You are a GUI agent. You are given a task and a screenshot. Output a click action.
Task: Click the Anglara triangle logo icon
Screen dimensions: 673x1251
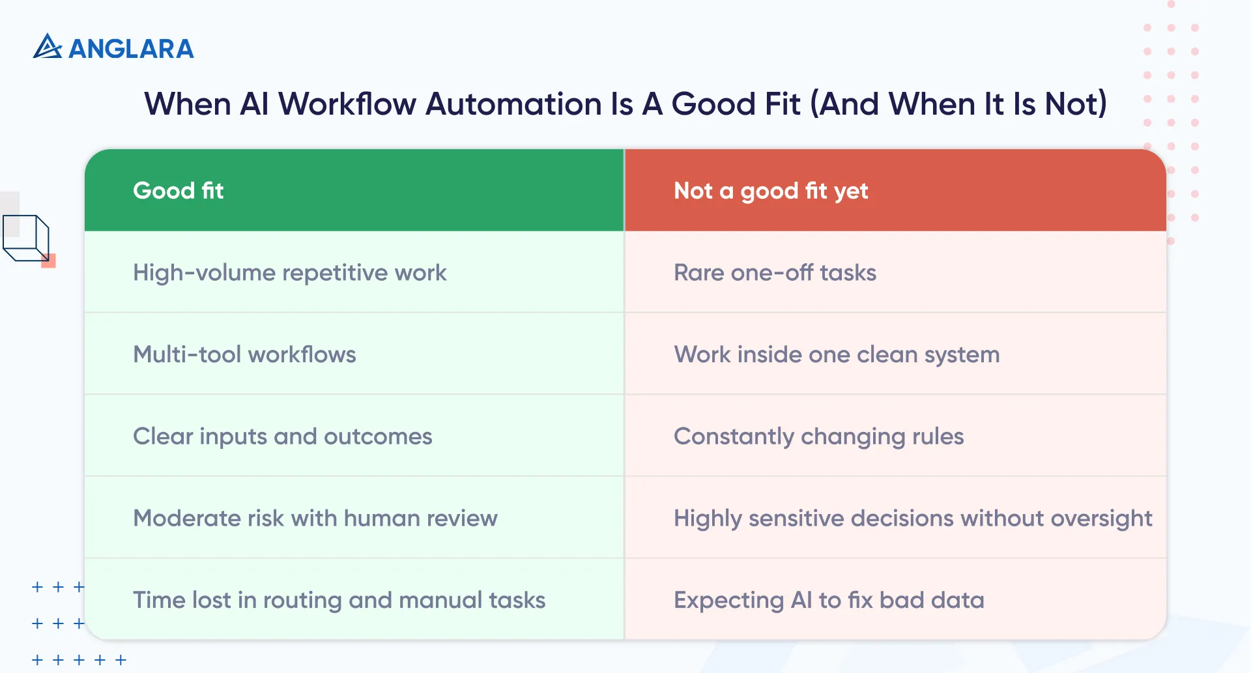(x=47, y=47)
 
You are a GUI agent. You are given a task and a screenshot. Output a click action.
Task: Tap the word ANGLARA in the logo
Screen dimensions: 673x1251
(x=131, y=49)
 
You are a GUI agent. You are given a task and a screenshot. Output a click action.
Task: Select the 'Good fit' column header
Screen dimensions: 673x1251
(x=178, y=191)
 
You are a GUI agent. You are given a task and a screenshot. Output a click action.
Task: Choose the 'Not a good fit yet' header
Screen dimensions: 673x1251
(x=771, y=191)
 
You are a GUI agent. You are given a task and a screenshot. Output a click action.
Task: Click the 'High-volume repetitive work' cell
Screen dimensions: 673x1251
(x=289, y=273)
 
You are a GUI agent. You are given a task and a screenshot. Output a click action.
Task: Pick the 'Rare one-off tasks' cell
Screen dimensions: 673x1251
(x=775, y=273)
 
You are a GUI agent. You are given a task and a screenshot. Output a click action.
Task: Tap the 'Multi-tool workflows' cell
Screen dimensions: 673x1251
(x=244, y=354)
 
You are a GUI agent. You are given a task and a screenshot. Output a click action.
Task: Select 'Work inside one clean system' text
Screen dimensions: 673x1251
(x=837, y=354)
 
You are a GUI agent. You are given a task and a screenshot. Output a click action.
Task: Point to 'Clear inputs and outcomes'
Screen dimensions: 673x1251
(x=282, y=437)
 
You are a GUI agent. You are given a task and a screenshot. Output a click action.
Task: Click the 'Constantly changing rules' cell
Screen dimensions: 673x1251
(x=818, y=437)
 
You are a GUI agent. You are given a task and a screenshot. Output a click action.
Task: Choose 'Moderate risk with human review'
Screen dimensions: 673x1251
(x=315, y=519)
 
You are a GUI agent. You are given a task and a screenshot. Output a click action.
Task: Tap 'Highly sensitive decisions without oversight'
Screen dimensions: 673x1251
(x=912, y=519)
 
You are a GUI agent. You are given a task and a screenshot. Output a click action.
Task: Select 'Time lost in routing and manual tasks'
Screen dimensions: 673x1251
(x=339, y=600)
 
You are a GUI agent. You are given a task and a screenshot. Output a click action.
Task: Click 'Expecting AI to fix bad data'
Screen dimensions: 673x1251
(x=829, y=600)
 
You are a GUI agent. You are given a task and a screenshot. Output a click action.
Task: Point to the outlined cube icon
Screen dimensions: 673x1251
(x=26, y=238)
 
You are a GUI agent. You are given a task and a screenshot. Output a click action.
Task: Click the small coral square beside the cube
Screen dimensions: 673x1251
(x=49, y=261)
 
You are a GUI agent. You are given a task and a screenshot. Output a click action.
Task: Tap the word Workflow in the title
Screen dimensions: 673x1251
(x=347, y=104)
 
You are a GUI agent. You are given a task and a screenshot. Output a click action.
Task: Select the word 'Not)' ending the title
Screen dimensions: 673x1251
(x=1075, y=104)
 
